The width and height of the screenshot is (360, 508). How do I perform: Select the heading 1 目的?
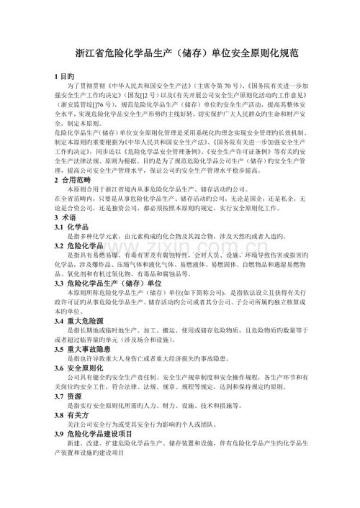64,76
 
